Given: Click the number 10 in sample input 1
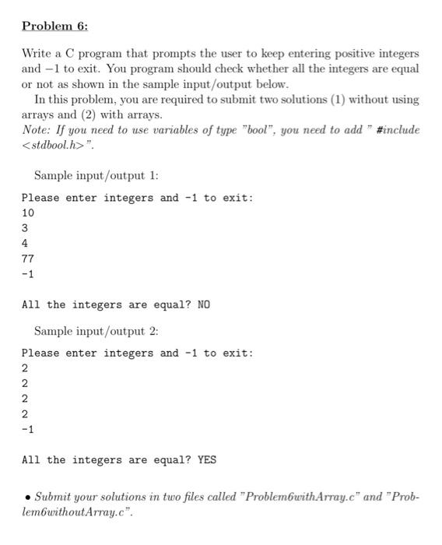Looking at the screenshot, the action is tap(28, 213).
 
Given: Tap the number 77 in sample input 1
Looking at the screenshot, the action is tap(28, 258).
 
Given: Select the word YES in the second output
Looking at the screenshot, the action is tap(206, 459).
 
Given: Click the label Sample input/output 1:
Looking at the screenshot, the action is tap(96, 176).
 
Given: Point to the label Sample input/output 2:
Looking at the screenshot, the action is tap(96, 331).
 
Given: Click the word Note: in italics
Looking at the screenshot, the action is tap(38, 130).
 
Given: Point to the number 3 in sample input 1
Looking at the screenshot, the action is tap(25, 228).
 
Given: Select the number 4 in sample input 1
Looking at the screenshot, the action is tap(25, 243).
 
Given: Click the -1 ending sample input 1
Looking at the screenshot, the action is tap(28, 274).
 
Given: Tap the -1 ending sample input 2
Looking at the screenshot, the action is tap(28, 429).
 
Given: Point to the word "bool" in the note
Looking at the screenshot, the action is tap(243, 130).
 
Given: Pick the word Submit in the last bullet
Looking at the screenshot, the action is tap(54, 496).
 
